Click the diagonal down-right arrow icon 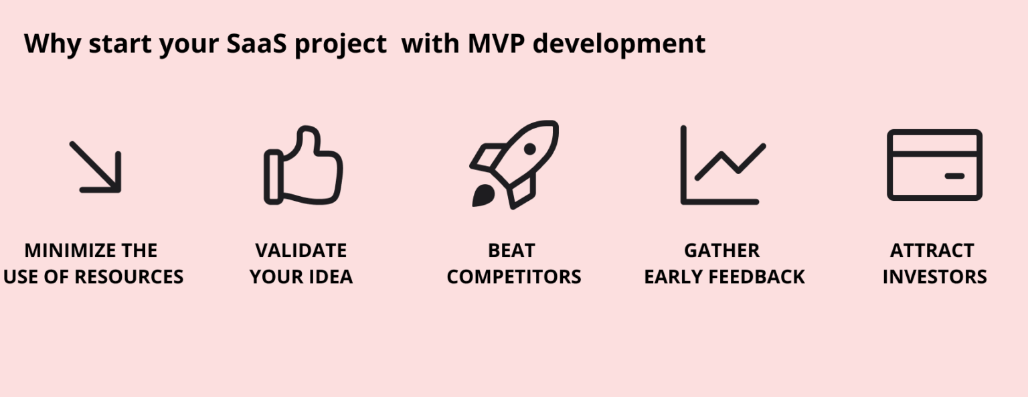[96, 167]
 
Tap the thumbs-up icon [303, 166]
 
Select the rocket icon [514, 164]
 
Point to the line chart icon [722, 165]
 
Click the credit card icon [934, 165]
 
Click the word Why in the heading [52, 45]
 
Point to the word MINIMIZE [62, 250]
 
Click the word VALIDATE [301, 250]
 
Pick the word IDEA [329, 276]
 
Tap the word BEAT [512, 250]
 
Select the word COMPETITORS [514, 276]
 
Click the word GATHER [722, 250]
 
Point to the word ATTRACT [932, 250]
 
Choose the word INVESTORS [934, 276]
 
